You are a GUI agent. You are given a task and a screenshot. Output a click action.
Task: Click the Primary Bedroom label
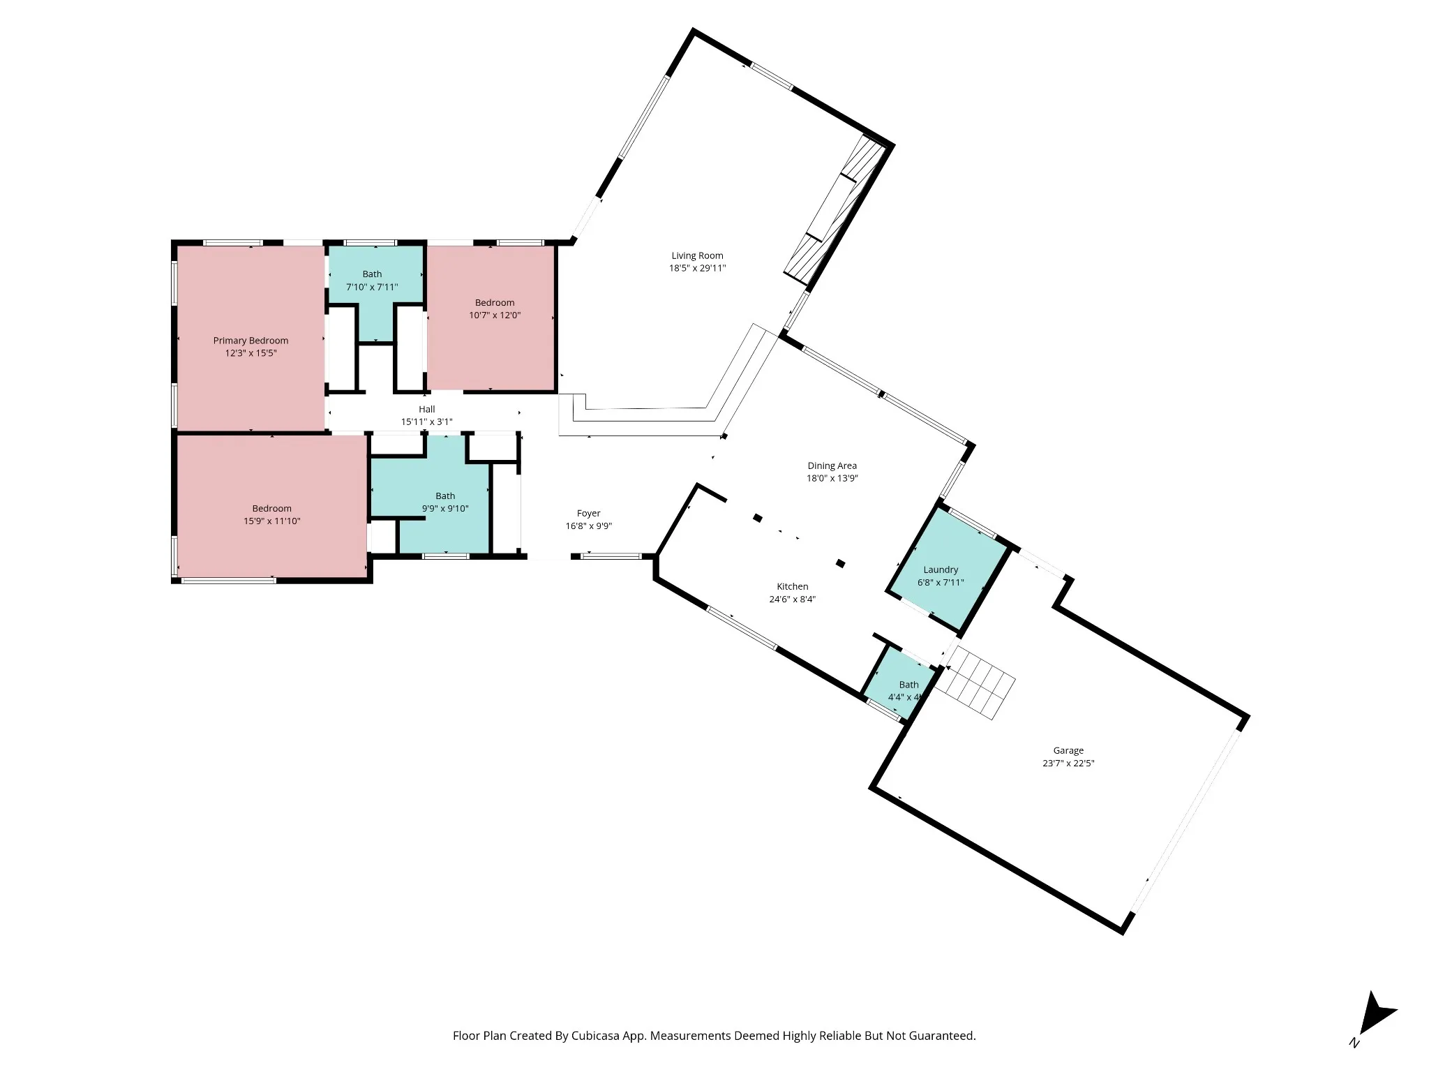(250, 341)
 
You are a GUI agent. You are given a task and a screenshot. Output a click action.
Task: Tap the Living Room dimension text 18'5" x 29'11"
(697, 268)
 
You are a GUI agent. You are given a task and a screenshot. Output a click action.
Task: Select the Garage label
(1068, 750)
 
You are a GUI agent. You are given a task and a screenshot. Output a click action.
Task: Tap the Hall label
(427, 409)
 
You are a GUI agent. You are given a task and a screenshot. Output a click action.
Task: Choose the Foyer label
(589, 513)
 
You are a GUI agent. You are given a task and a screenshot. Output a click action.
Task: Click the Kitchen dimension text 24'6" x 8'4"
(793, 599)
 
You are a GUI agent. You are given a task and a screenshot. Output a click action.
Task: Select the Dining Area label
(832, 466)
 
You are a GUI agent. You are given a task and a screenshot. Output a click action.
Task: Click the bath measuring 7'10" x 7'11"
(375, 290)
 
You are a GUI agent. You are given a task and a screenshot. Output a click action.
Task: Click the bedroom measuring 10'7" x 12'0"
(491, 318)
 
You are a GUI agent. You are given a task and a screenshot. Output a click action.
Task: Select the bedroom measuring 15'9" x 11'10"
(271, 506)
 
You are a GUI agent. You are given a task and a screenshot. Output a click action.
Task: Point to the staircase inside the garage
(975, 683)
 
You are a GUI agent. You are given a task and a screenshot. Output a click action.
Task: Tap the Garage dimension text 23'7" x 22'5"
(1068, 763)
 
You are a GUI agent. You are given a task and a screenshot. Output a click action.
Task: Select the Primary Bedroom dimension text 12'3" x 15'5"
(250, 353)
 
